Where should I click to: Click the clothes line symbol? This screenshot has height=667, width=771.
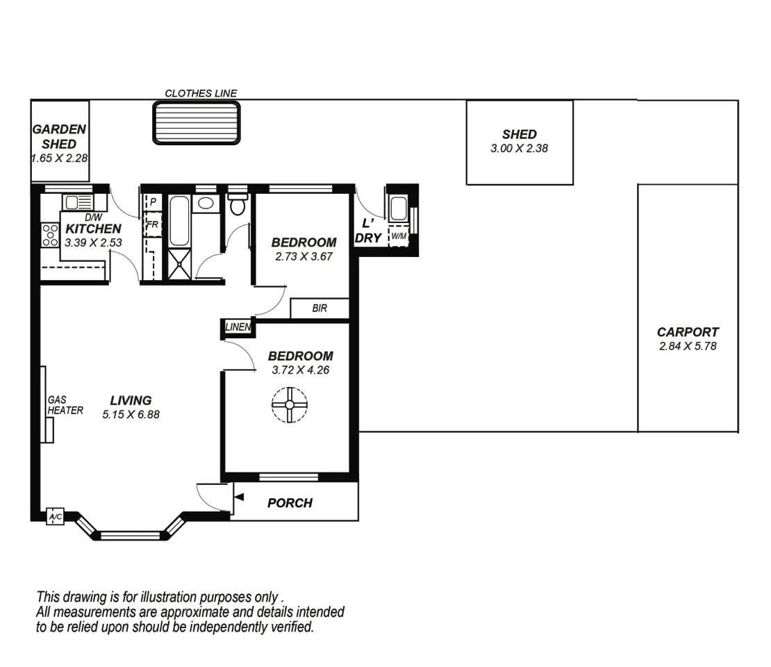[x=197, y=123]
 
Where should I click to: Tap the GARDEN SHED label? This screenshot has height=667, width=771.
[x=59, y=136]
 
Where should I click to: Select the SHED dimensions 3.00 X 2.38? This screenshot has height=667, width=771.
[x=520, y=148]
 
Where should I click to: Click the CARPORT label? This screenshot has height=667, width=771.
[x=688, y=332]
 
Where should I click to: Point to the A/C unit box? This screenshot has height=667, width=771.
[x=55, y=517]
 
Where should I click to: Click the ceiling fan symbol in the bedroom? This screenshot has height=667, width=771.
[x=288, y=405]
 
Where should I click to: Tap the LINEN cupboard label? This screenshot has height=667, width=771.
[x=238, y=327]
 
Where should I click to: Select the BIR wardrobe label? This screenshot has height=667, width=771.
[x=320, y=308]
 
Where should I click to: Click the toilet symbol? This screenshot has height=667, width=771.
[x=238, y=206]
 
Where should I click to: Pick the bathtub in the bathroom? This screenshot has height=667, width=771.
[x=179, y=221]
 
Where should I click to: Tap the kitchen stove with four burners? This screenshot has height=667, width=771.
[x=50, y=235]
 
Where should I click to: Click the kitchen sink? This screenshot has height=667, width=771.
[x=76, y=202]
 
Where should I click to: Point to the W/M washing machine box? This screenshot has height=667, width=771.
[x=399, y=236]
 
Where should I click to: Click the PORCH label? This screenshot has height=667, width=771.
[x=290, y=503]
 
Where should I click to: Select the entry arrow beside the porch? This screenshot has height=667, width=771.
[x=239, y=497]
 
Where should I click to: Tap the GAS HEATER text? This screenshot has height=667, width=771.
[x=65, y=406]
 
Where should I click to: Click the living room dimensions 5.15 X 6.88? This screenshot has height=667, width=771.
[x=131, y=414]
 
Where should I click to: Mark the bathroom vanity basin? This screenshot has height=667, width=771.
[x=206, y=204]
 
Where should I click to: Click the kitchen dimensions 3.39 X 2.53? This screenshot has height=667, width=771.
[x=93, y=242]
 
